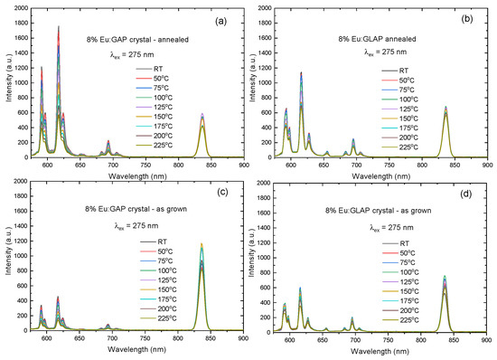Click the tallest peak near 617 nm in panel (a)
pos(59,27)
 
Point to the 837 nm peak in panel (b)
pos(445,108)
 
